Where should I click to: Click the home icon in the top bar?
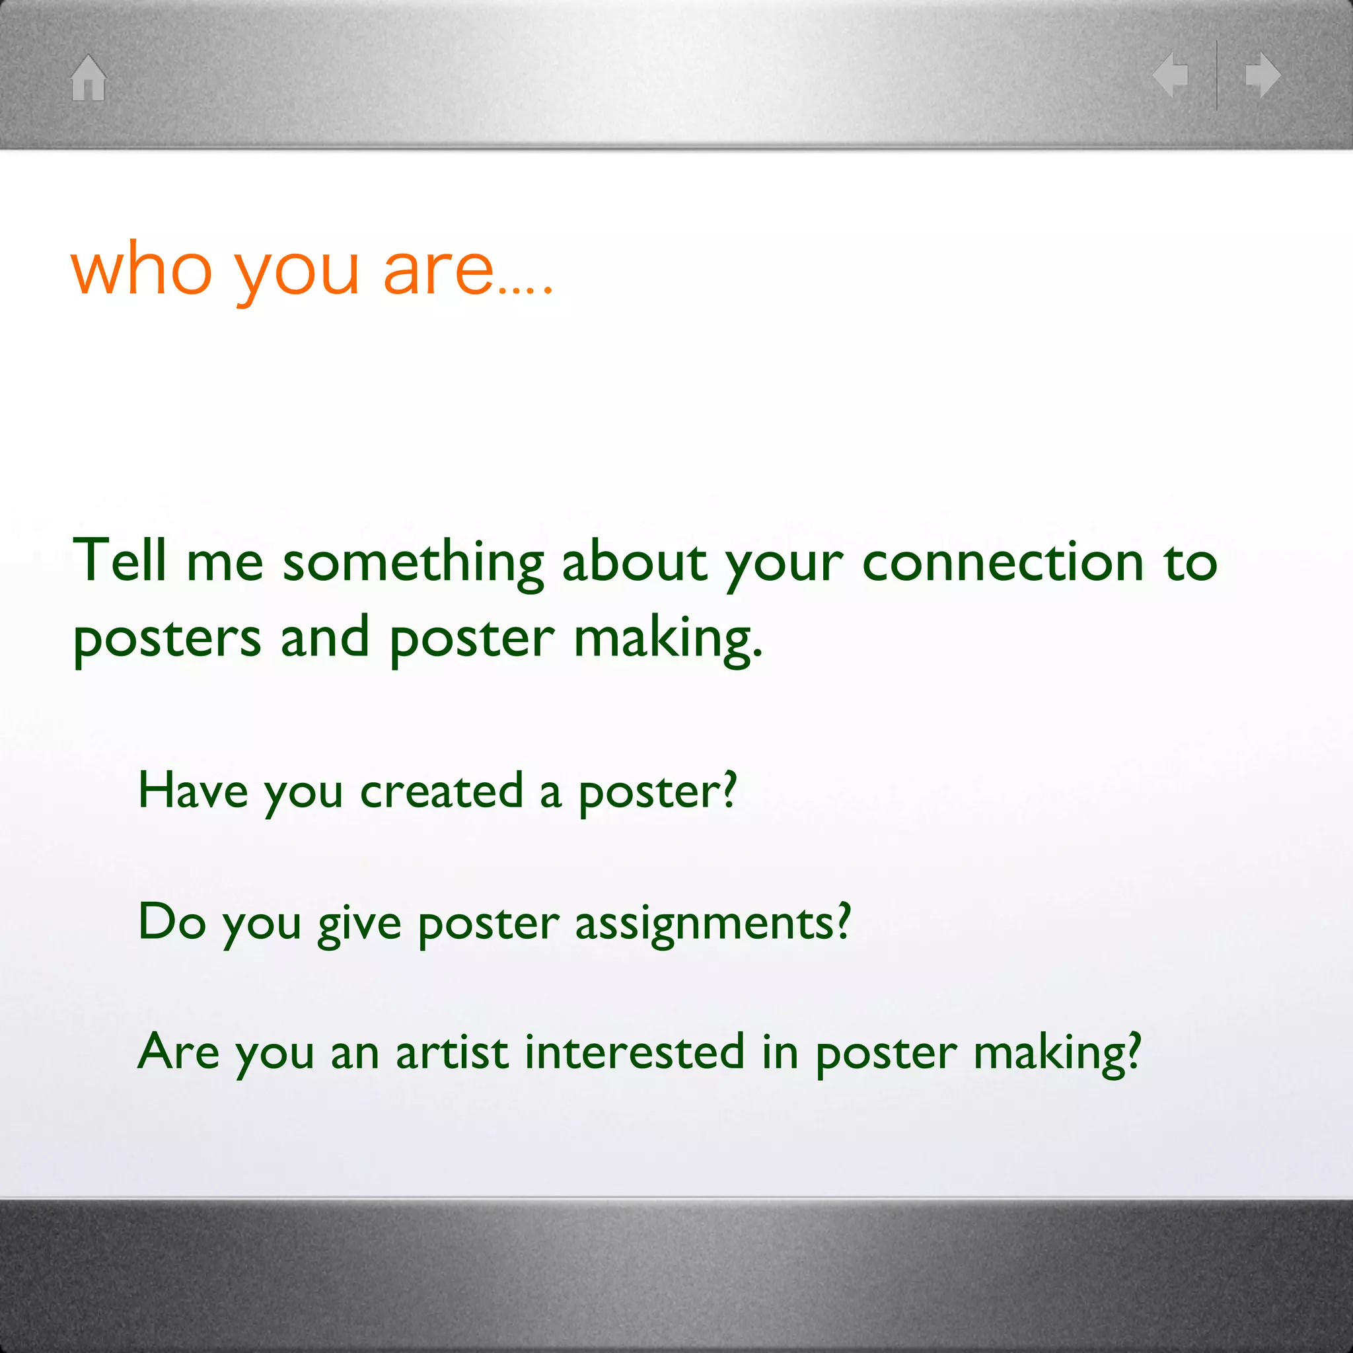coord(89,78)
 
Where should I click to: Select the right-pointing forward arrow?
coord(1263,75)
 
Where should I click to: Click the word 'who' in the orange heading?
coord(141,269)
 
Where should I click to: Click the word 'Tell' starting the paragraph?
coord(120,560)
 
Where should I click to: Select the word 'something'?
coord(413,564)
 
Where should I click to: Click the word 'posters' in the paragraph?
coord(166,639)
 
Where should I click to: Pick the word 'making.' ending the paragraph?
coord(668,639)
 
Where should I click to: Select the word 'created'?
coord(441,791)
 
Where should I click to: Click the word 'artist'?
coord(452,1052)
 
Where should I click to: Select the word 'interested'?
coord(634,1052)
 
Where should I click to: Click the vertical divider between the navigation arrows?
coord(1217,75)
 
